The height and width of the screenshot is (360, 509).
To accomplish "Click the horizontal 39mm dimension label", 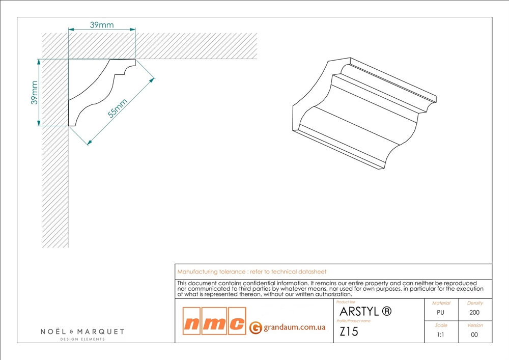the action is pos(102,24).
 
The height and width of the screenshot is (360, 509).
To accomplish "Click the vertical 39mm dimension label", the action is pos(35,93).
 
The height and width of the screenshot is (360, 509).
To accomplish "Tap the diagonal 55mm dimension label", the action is pos(118,108).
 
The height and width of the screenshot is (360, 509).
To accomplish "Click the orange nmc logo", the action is pos(214,321).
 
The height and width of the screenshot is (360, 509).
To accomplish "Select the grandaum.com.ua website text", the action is pos(294,327).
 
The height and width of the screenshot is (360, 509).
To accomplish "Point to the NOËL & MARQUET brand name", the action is pos(82,331).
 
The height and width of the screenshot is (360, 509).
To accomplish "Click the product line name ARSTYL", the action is pos(359,312).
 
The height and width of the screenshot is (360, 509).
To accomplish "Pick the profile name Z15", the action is pos(349,331).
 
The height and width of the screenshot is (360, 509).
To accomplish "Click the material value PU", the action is pos(440,313).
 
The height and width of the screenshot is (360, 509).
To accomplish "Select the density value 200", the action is pos(474,313).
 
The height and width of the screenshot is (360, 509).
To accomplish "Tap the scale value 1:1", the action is pos(440,335).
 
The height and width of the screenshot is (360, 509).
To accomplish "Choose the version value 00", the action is pos(474,335).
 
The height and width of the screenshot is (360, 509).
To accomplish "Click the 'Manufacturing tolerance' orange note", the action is pos(251,272).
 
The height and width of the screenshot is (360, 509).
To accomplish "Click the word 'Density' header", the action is pos(475,303).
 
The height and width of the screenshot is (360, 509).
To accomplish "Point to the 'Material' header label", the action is pos(441,303).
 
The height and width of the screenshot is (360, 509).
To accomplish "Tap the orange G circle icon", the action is pos(256,327).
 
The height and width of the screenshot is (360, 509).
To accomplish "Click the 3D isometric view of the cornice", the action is pos(364,114).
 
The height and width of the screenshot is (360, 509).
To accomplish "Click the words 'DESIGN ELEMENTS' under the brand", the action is pos(82,339).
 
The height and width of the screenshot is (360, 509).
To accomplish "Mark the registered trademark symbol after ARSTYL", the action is pos(387,311).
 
